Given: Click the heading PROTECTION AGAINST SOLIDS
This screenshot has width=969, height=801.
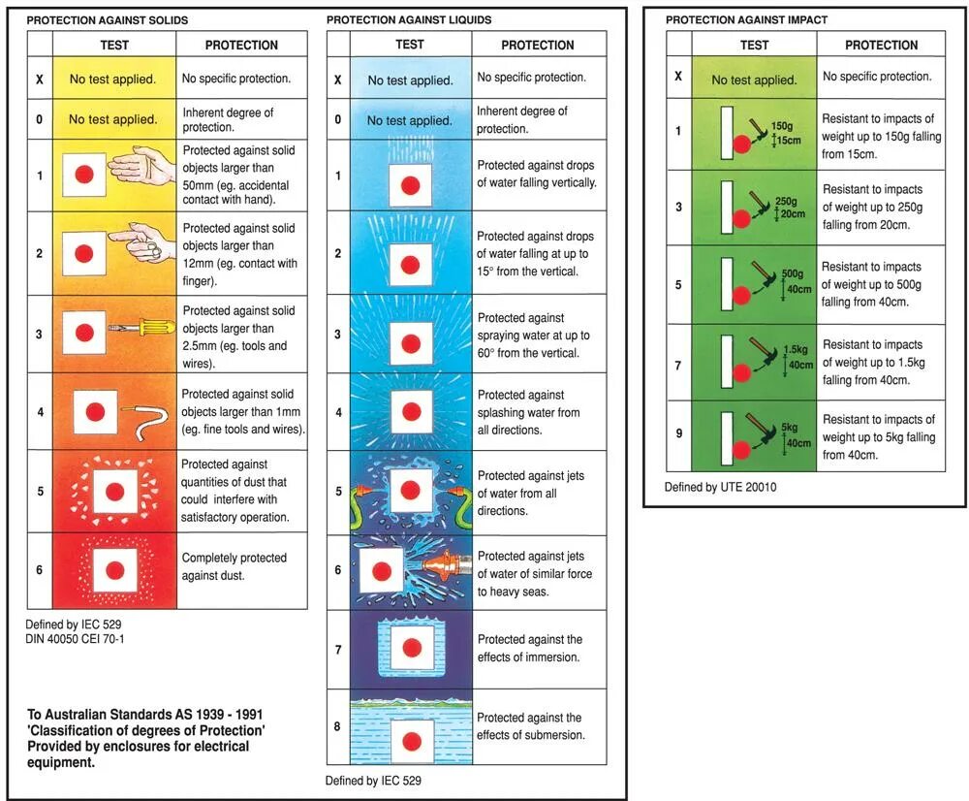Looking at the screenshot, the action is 107,20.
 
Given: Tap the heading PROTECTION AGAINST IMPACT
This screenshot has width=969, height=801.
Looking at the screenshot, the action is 746,20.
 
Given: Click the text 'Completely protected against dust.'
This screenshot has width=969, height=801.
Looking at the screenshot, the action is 234,566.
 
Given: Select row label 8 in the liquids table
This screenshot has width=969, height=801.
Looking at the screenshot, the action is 338,727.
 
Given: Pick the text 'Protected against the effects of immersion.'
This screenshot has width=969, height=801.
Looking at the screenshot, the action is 530,649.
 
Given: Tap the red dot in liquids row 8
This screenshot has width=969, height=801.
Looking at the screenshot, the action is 411,742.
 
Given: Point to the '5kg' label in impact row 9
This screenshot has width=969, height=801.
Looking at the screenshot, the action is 790,428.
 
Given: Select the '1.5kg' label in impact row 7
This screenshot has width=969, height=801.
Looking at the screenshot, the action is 796,349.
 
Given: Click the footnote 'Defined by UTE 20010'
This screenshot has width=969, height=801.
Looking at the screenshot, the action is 720,487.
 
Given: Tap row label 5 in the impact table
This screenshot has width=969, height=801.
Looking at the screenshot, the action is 678,286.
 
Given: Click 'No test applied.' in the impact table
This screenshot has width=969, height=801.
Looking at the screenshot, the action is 754,80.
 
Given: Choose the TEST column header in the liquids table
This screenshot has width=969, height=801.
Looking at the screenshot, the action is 410,45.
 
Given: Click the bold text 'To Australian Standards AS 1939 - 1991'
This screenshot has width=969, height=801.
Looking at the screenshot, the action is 145,715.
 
